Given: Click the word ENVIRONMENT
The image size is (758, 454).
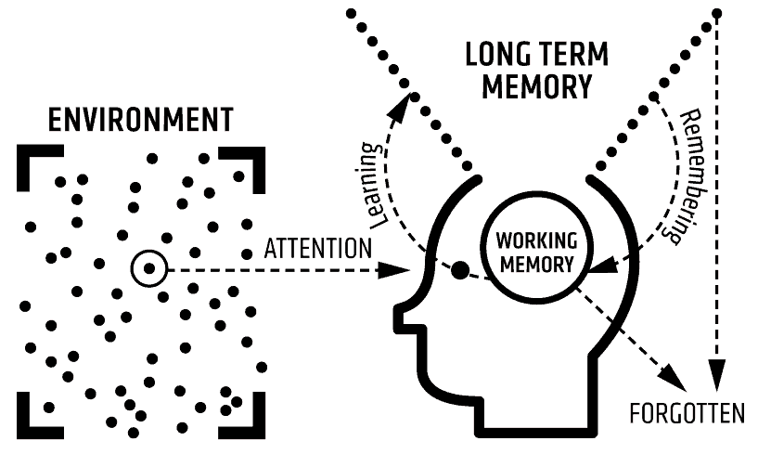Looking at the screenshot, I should [x=140, y=122].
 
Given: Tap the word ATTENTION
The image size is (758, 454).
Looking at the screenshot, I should [x=318, y=249].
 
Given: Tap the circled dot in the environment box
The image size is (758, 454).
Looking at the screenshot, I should [x=148, y=269].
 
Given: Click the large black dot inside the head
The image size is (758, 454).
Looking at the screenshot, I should [x=459, y=271].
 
